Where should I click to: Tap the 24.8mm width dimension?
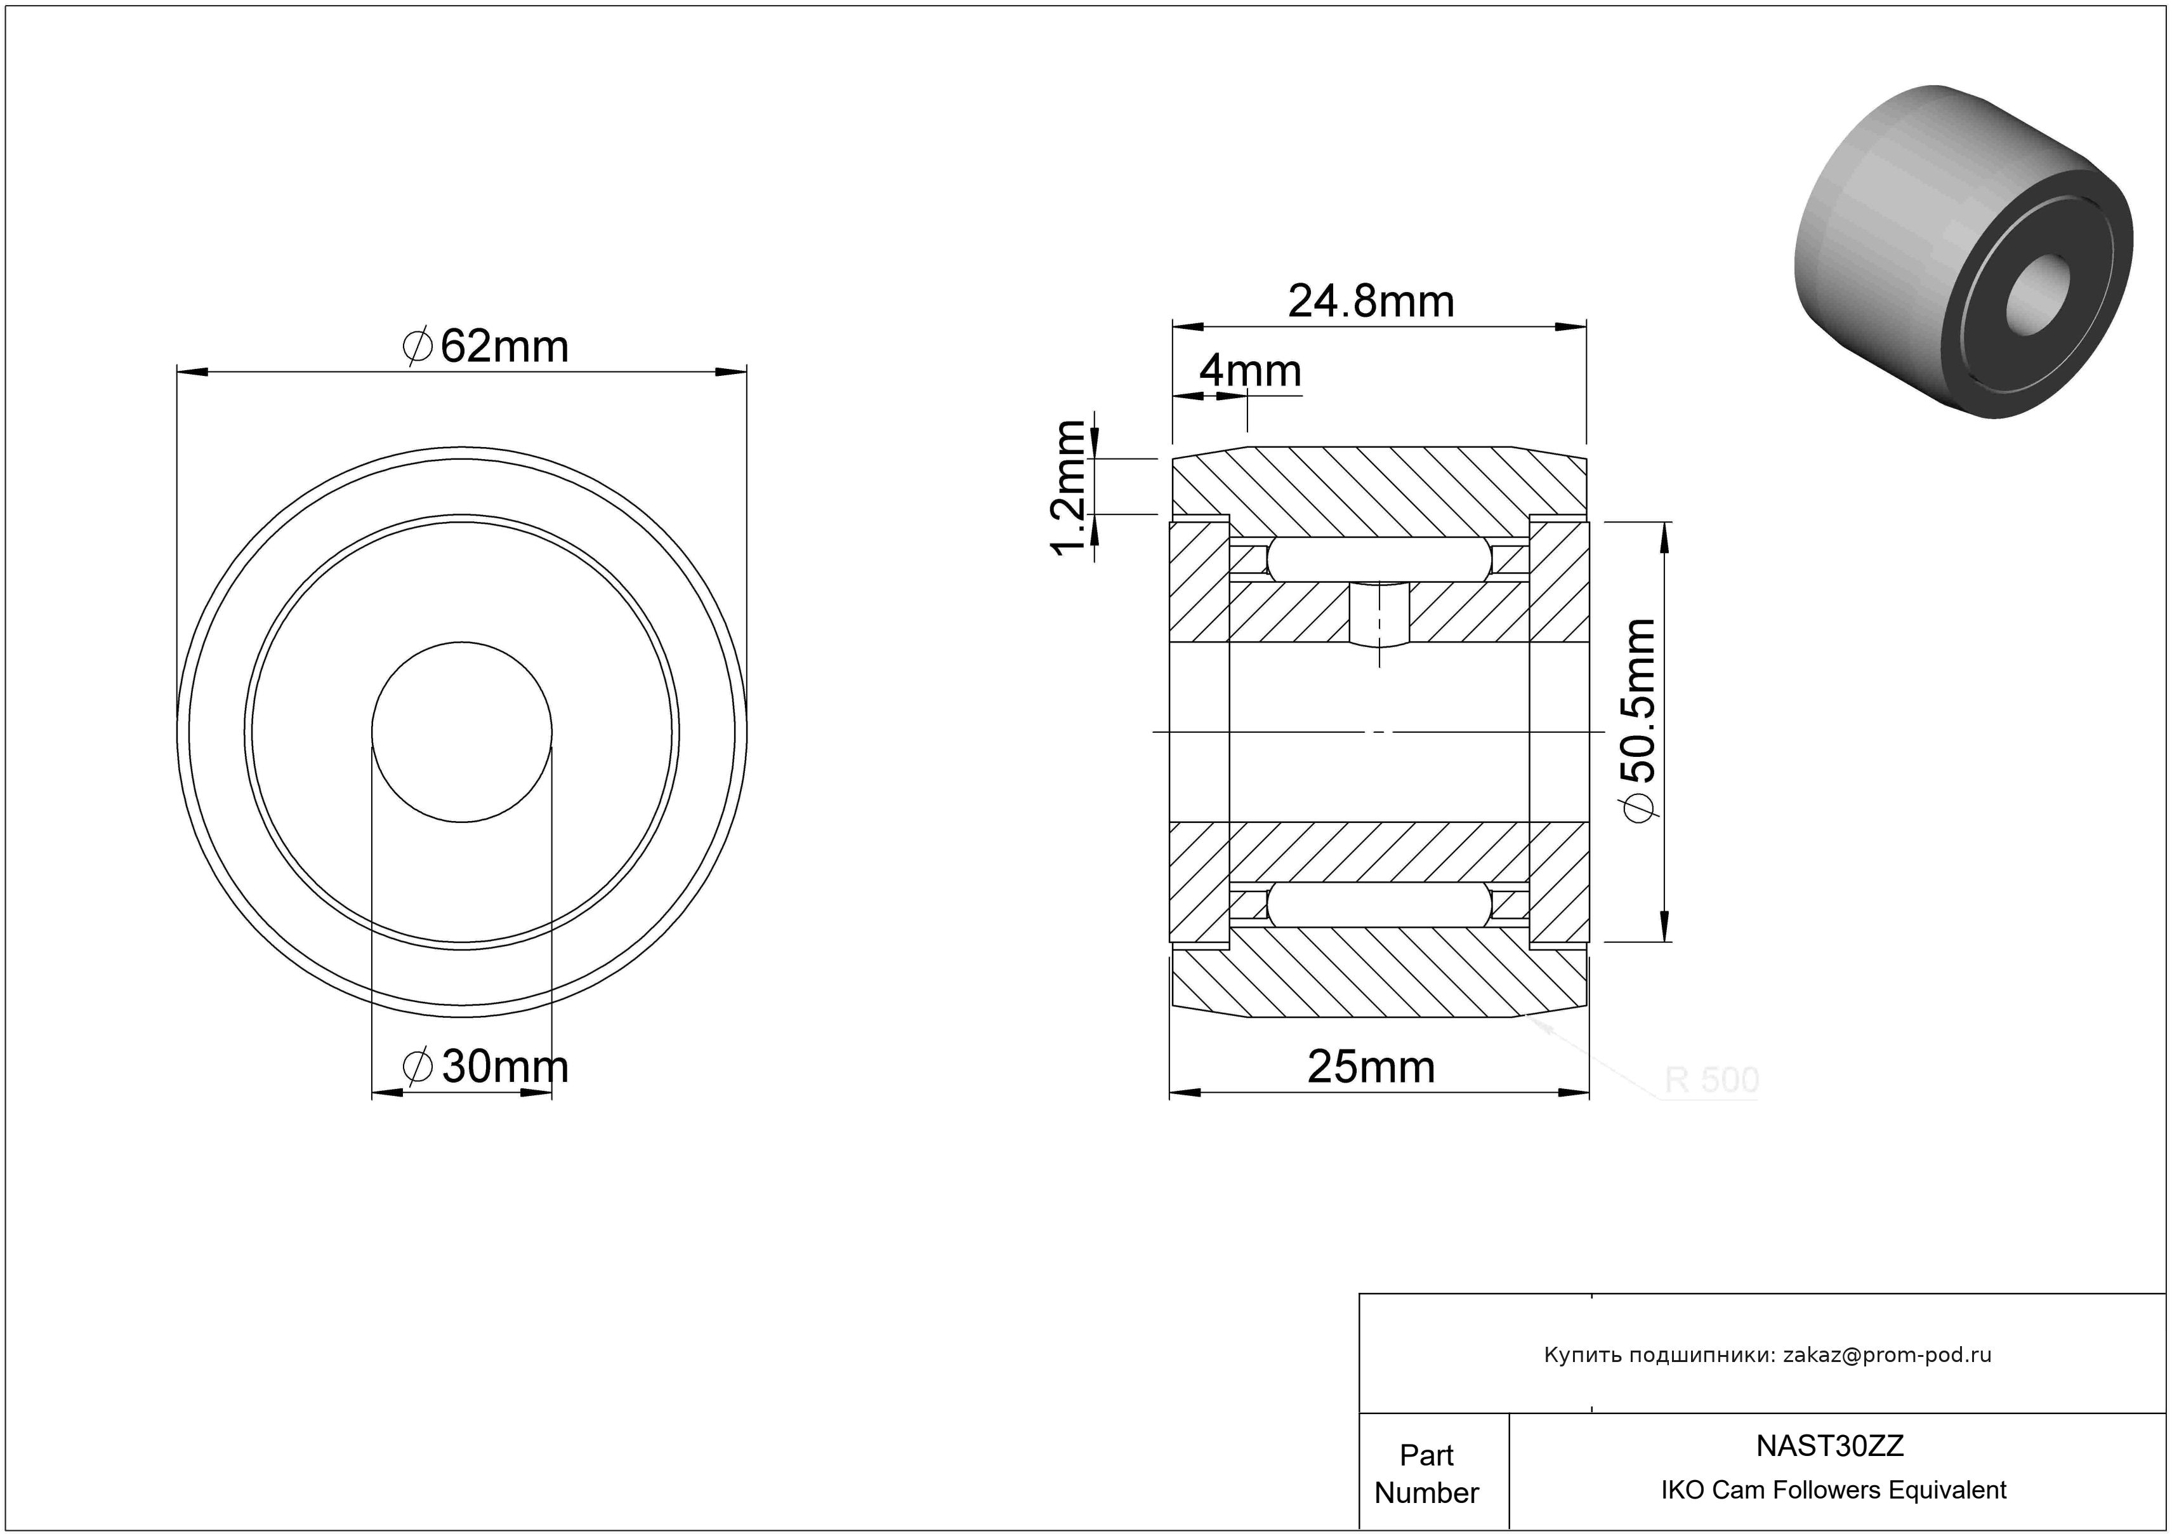click(1371, 302)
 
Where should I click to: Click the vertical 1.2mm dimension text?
click(1069, 488)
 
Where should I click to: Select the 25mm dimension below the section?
click(1371, 1067)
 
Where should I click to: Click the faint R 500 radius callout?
click(1711, 1080)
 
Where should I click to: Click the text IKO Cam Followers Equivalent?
click(1833, 1490)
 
